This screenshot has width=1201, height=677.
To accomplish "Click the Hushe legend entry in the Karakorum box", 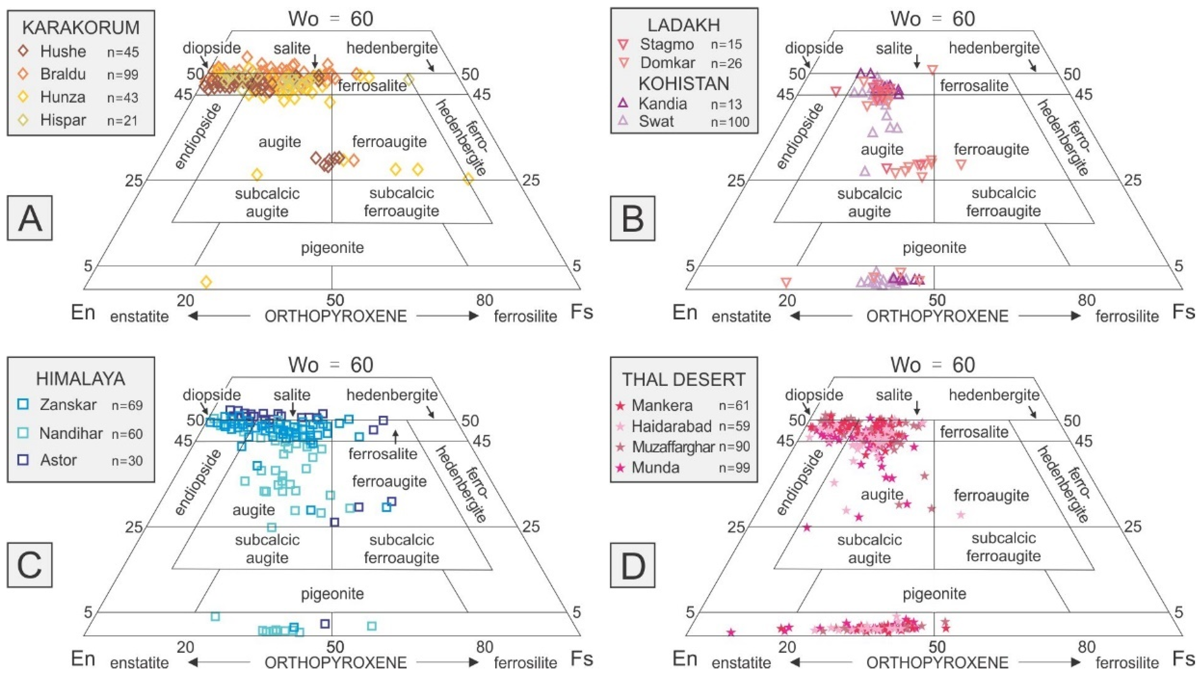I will point(63,51).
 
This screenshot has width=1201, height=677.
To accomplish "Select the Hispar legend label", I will point(63,120).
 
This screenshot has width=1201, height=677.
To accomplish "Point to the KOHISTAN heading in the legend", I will point(683,83).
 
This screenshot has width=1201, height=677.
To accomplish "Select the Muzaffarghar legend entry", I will point(673,447).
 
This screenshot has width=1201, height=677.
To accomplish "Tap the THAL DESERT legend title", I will point(683,380).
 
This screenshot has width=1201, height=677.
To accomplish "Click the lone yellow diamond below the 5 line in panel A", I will point(206,282).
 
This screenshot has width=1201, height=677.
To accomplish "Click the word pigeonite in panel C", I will point(332,594).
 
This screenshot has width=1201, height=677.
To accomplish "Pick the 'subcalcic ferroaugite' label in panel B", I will point(1003,202).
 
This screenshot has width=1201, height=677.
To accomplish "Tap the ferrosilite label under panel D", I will point(1127,662).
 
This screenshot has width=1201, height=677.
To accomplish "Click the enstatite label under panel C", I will point(139,662).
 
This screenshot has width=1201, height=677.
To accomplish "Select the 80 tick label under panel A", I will point(485,300).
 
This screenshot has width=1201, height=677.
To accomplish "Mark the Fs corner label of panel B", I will point(1183,312).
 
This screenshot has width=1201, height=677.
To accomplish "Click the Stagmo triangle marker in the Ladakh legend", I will point(623,44).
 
